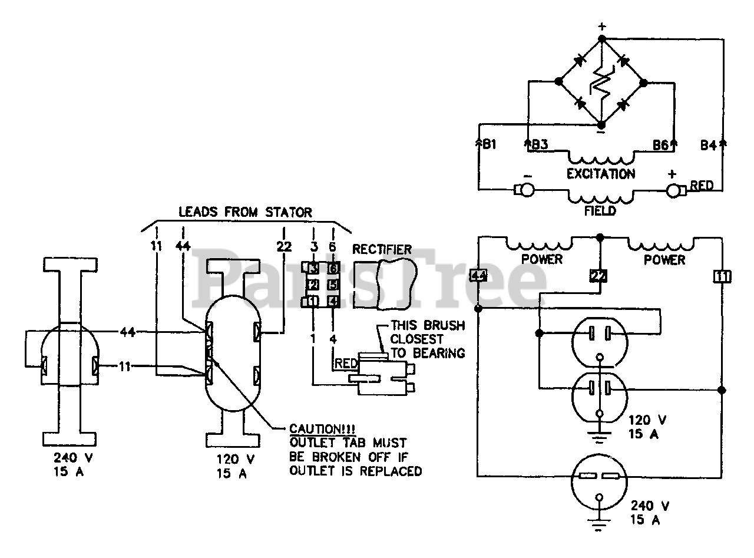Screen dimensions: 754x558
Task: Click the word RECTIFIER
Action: tap(382, 249)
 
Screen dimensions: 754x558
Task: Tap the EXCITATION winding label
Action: tap(601, 174)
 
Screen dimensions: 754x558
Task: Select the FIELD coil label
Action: tap(600, 211)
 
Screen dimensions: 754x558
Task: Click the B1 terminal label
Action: tap(489, 144)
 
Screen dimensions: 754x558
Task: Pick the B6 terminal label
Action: tap(660, 145)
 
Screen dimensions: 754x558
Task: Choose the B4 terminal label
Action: tap(708, 145)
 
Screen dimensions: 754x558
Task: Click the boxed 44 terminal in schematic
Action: tap(478, 275)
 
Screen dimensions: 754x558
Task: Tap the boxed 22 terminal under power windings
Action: tap(598, 276)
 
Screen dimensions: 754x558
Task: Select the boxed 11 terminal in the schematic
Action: tap(722, 276)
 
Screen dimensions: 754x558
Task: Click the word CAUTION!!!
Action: tap(322, 429)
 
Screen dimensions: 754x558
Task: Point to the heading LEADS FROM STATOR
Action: tap(245, 212)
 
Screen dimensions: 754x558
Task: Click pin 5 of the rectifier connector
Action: tap(333, 285)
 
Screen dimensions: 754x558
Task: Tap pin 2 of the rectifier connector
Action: tap(313, 285)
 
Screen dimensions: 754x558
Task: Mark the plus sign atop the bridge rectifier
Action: tap(602, 26)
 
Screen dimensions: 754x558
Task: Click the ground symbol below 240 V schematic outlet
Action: tap(599, 523)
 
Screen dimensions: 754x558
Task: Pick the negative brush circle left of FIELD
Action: tap(527, 190)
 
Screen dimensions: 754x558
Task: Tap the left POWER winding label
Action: tap(542, 259)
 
